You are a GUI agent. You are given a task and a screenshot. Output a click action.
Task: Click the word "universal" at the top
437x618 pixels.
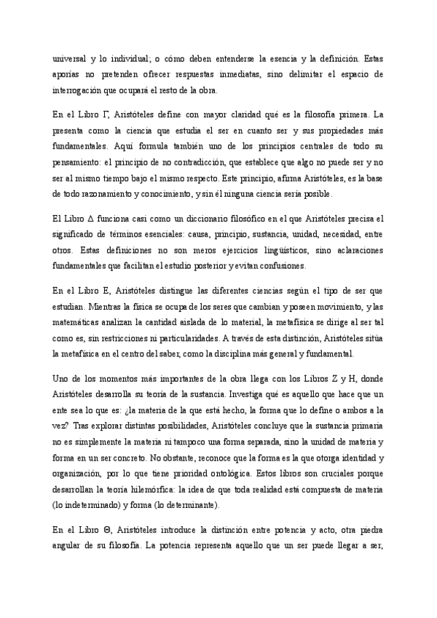click(72, 58)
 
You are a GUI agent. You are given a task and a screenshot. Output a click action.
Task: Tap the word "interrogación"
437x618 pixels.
click(80, 90)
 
